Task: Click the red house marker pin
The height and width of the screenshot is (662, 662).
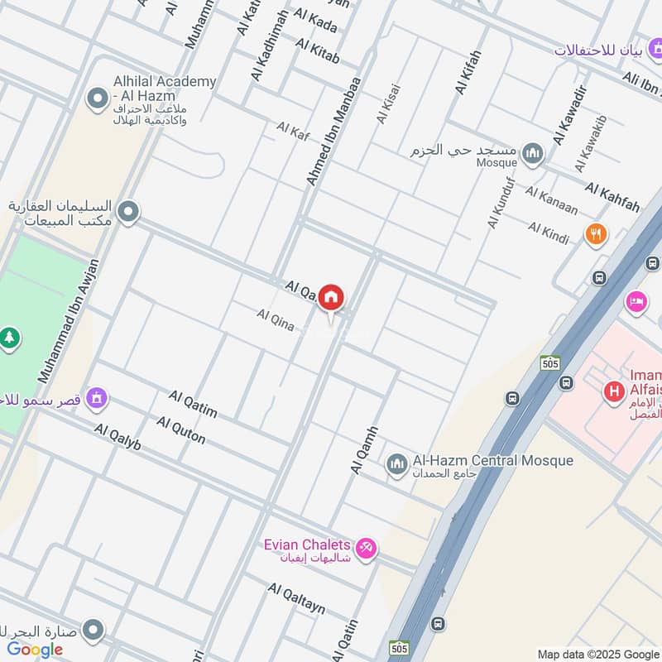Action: tap(331, 298)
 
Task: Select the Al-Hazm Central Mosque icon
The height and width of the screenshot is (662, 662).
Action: tap(396, 463)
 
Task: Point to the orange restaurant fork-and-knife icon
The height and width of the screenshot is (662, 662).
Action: tap(595, 234)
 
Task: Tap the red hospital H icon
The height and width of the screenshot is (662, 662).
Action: tap(613, 390)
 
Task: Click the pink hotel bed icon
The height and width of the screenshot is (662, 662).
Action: tap(636, 301)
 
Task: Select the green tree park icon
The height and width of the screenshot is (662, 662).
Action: tap(9, 338)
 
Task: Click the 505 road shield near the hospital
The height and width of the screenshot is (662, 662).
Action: tap(550, 362)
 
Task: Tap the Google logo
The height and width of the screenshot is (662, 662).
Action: tap(35, 650)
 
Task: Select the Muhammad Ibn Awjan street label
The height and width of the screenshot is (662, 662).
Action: tap(68, 321)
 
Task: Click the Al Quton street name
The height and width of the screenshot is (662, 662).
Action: tap(180, 430)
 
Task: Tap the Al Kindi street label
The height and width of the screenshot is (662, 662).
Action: tap(549, 233)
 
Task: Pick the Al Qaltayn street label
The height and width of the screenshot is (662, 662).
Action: tap(296, 597)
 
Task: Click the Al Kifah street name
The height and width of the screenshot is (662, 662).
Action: tap(468, 72)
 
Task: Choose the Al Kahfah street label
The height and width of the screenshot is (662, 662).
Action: tap(612, 199)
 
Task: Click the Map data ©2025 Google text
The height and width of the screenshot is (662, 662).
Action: tap(598, 654)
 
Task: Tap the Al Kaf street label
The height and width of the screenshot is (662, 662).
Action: tap(292, 130)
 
